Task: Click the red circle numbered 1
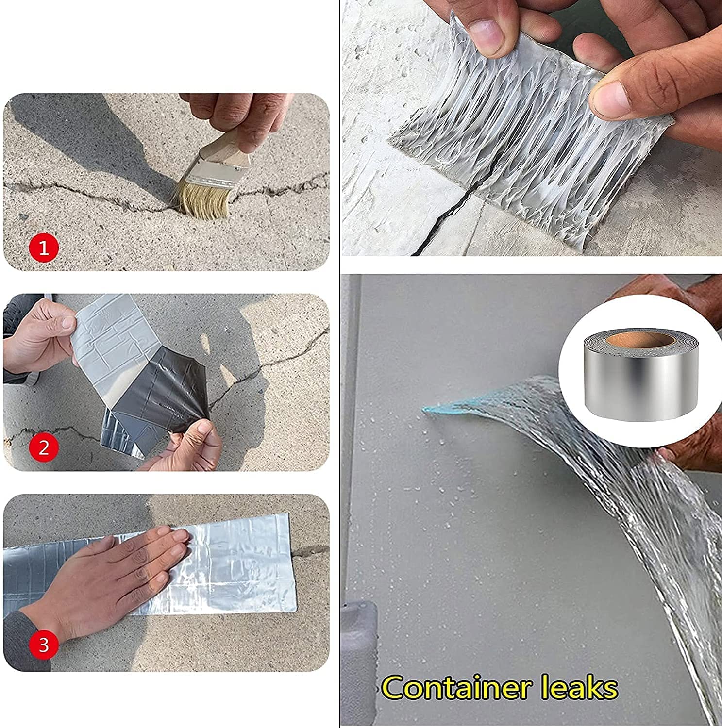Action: coord(44,248)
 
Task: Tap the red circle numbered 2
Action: coord(44,447)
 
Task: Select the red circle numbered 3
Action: coord(44,645)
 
